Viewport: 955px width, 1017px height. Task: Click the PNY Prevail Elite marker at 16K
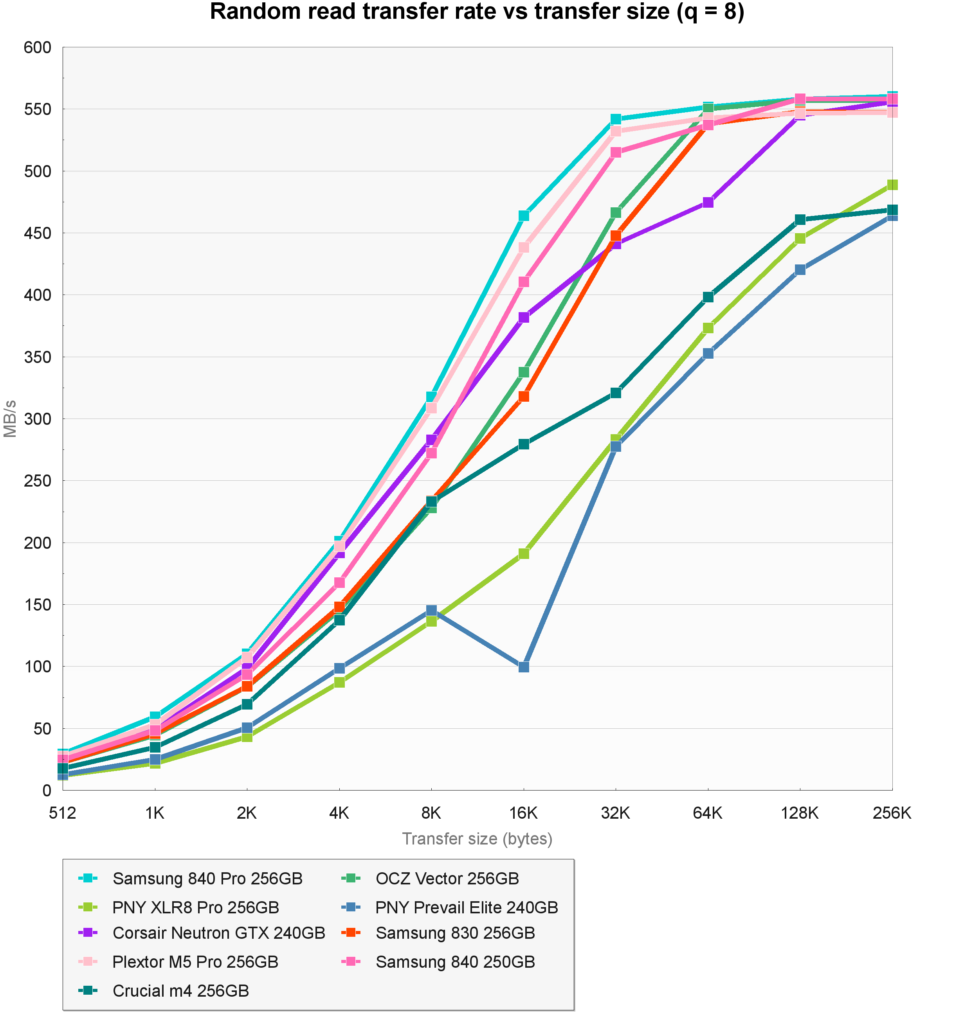click(524, 667)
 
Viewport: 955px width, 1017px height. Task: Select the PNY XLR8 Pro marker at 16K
click(524, 553)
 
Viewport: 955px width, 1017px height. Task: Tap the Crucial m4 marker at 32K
click(616, 393)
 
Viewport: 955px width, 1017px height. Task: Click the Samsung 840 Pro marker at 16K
click(524, 216)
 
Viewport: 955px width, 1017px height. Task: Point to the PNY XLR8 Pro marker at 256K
click(892, 185)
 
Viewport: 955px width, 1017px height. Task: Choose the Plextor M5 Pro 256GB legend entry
click(195, 962)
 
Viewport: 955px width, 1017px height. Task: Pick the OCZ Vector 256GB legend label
click(447, 879)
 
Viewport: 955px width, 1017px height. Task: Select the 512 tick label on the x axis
click(63, 813)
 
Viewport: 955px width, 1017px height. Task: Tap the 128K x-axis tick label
click(800, 813)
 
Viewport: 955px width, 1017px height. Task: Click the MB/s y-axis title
click(10, 419)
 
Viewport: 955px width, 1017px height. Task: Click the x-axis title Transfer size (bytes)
click(477, 839)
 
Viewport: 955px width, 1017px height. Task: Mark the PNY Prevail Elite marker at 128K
click(800, 270)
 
